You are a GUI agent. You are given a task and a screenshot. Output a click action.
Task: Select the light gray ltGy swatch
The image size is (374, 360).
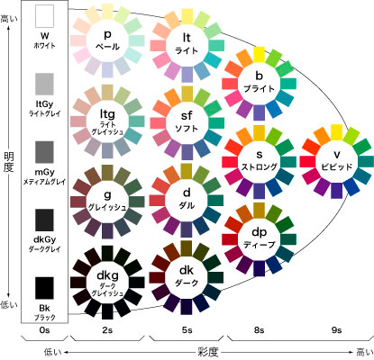click(x=43, y=85)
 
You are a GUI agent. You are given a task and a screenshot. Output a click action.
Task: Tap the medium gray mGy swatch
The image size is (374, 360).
click(x=43, y=152)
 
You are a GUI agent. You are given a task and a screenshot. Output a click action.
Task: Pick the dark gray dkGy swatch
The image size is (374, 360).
click(x=43, y=220)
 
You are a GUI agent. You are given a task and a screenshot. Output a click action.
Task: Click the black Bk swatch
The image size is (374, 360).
click(x=43, y=287)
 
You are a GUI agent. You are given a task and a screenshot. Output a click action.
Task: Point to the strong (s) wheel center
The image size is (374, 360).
click(x=259, y=160)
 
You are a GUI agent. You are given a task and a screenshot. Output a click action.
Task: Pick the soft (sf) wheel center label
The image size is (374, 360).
click(x=187, y=121)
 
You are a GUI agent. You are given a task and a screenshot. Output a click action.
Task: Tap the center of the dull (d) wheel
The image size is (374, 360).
click(x=187, y=197)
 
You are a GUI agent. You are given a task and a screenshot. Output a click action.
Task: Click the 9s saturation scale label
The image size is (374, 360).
click(x=336, y=331)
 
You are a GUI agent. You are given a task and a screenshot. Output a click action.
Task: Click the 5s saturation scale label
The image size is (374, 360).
click(x=187, y=331)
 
